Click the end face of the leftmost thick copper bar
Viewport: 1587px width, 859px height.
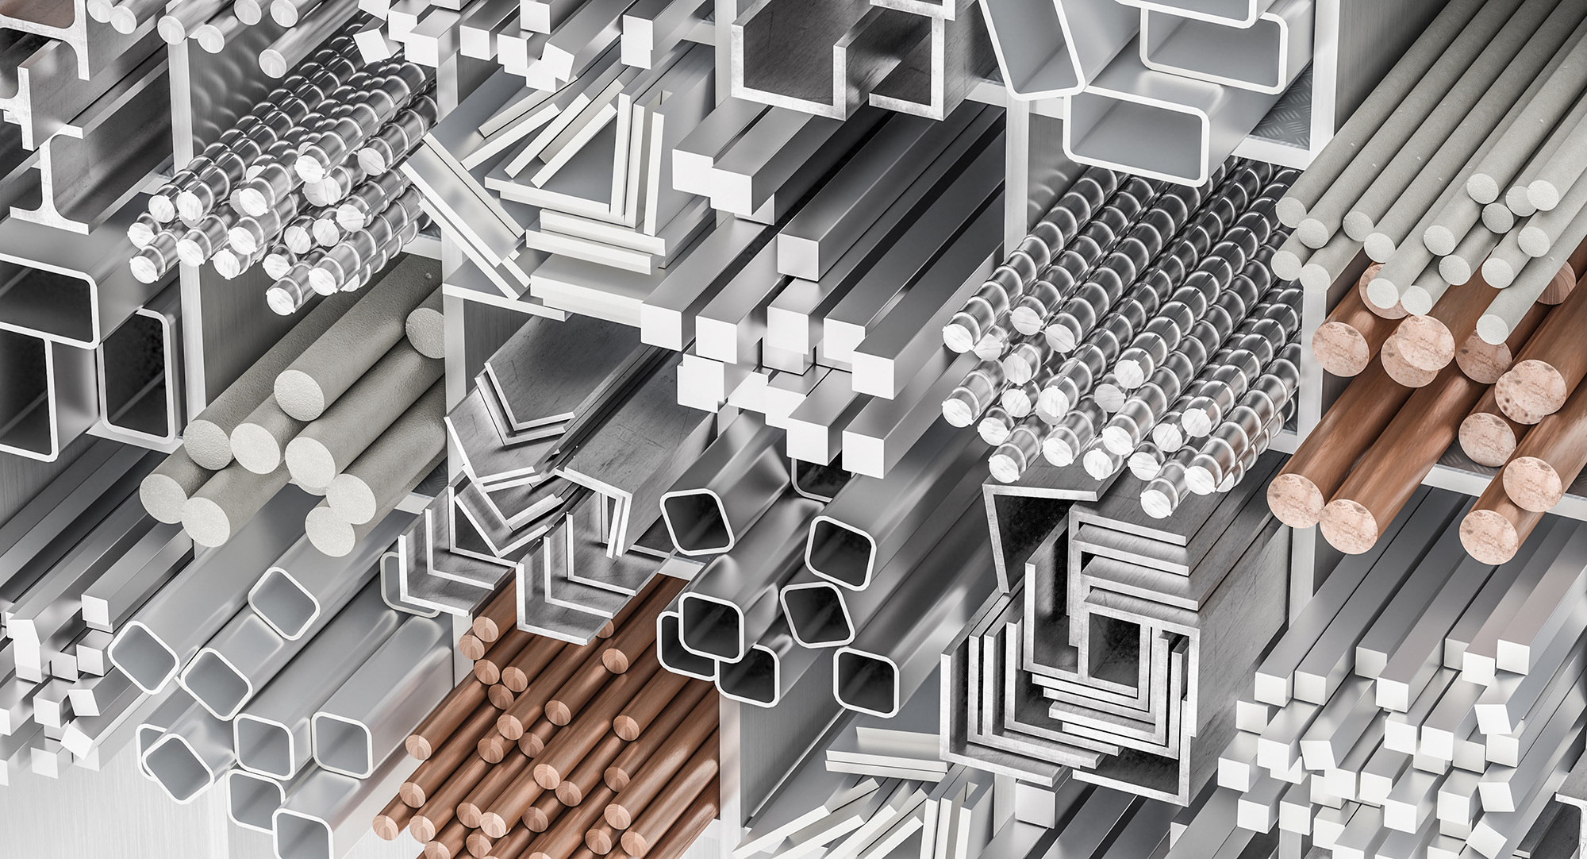click(1295, 501)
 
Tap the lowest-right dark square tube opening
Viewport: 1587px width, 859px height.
click(867, 680)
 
